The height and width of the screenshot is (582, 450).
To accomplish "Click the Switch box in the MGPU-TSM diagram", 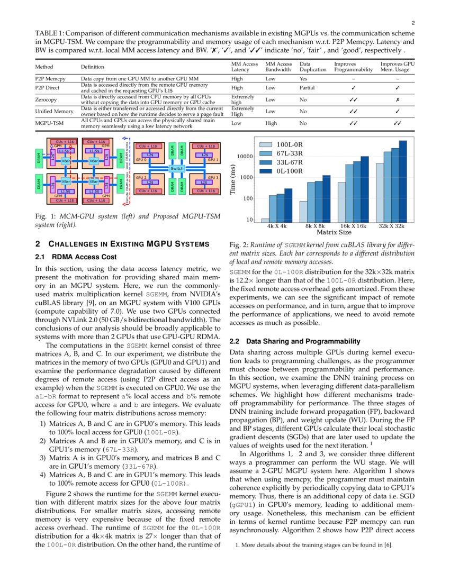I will tap(176, 168).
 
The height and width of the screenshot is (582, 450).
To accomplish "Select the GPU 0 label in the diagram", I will tap(141, 159).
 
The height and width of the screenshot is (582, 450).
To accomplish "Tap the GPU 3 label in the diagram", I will tap(213, 177).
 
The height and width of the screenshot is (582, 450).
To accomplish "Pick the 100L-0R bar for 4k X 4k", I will tap(265, 220).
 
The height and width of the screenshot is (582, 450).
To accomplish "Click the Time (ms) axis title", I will tap(233, 179).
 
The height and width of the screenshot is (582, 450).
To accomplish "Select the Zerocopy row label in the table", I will tap(47, 99).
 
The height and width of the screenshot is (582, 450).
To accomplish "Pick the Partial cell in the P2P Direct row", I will tap(307, 88).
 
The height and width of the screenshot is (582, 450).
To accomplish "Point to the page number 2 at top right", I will tap(412, 23).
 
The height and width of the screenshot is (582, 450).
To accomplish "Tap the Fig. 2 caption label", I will tap(237, 245).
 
